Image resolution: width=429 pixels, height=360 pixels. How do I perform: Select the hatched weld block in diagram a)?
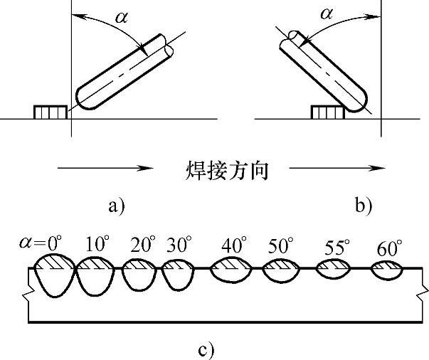(50, 112)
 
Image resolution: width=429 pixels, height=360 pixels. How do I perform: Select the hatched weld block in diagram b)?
(328, 112)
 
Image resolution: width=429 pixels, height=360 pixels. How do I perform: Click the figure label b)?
(363, 206)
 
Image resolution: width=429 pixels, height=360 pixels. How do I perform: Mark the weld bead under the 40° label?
(229, 270)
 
